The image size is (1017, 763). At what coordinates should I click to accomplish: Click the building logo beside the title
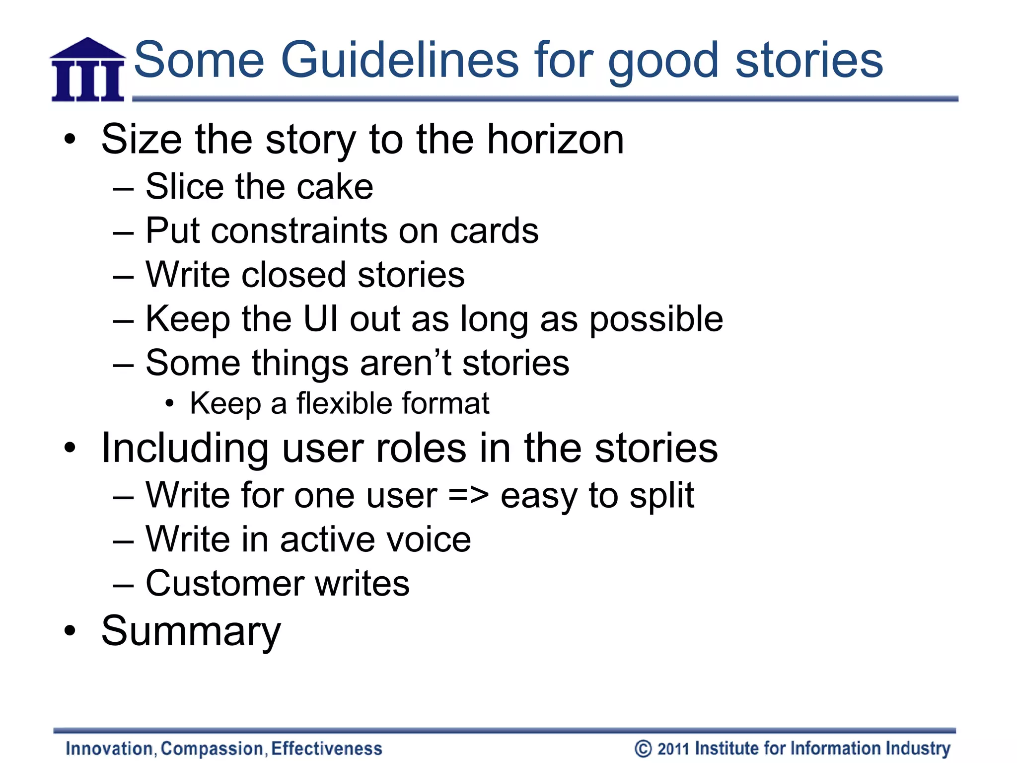[x=87, y=70]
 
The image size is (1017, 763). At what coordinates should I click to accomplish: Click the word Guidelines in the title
[x=399, y=61]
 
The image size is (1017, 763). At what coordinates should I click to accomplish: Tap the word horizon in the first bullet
[x=555, y=140]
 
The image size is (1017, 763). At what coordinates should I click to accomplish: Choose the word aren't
[x=406, y=363]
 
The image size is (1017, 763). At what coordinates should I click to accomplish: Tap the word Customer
[x=224, y=583]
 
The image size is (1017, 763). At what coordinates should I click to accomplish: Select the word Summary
[x=191, y=631]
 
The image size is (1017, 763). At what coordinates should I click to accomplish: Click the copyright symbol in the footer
[x=643, y=749]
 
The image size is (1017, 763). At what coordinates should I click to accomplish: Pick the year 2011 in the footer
[x=673, y=749]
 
